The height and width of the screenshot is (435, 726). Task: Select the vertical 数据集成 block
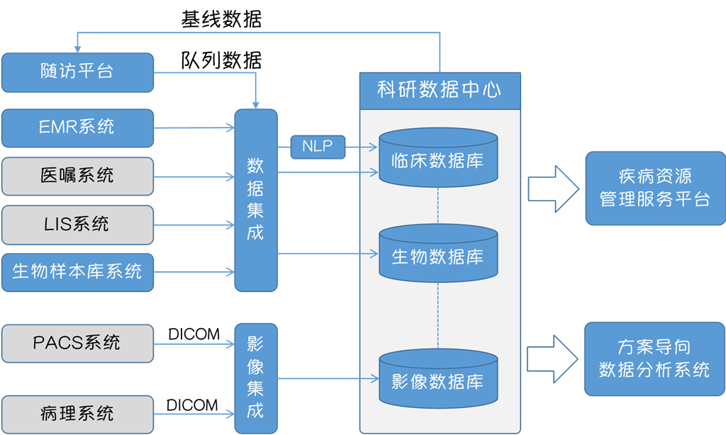tap(256, 200)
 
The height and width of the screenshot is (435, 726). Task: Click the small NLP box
tap(317, 147)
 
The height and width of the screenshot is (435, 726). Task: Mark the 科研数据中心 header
tap(440, 91)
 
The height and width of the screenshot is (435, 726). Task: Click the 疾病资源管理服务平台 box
tap(654, 188)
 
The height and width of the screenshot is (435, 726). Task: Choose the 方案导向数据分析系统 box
tap(654, 358)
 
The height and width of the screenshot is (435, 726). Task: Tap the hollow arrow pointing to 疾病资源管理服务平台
tap(553, 189)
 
